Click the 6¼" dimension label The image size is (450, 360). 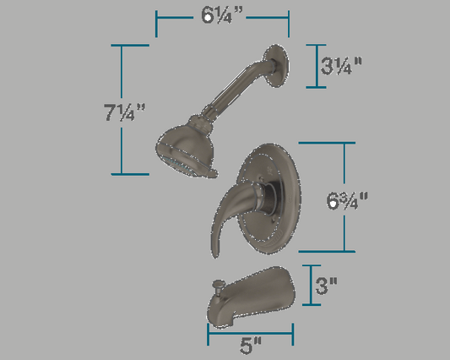click(222, 15)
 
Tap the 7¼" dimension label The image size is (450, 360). click(124, 112)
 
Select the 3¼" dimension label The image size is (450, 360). click(341, 66)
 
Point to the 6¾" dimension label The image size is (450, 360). click(347, 200)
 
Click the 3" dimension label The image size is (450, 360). click(326, 286)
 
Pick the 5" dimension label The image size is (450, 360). click(251, 346)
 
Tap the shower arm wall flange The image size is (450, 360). click(275, 66)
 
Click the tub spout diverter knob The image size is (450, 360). click(219, 285)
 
